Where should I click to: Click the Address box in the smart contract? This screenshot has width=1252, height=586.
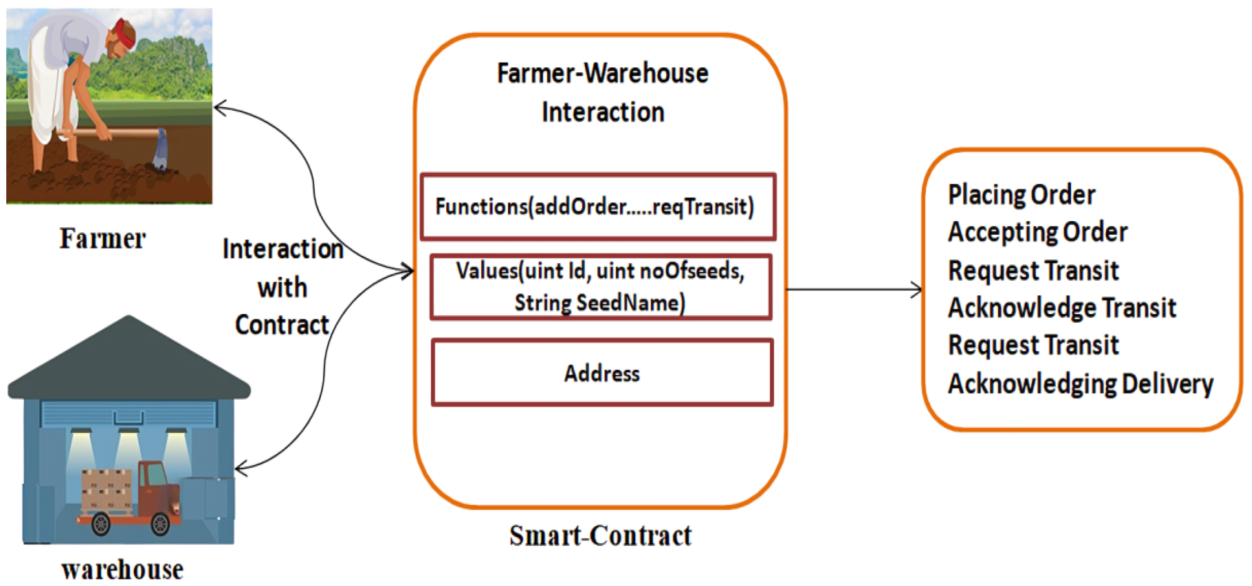point(602,373)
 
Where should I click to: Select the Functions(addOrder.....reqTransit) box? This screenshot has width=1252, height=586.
point(597,206)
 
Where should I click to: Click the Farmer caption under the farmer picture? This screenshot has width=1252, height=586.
point(103,239)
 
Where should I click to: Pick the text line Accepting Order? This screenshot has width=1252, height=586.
point(1037,232)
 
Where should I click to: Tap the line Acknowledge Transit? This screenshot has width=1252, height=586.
point(1062,308)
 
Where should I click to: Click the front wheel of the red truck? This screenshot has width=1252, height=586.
point(160,524)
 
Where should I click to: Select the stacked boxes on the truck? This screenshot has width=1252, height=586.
point(106,488)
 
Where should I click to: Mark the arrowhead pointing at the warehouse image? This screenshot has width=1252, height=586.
point(239,469)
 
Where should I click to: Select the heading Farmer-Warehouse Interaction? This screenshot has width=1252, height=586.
point(602,92)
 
